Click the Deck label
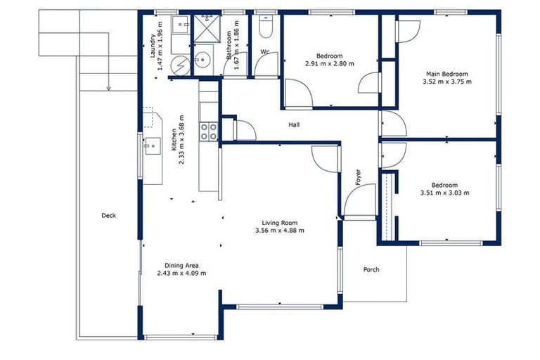click(x=108, y=215)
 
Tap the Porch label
click(x=371, y=269)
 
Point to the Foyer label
click(x=358, y=177)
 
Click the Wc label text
click(x=265, y=52)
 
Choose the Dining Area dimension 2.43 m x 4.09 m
click(x=182, y=273)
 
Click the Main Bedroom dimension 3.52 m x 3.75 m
click(x=446, y=82)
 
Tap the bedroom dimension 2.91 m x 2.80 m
click(x=329, y=63)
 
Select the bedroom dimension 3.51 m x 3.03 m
click(x=444, y=193)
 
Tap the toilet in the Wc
click(x=266, y=26)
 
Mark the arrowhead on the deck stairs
click(x=108, y=89)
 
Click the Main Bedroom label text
click(x=446, y=74)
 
